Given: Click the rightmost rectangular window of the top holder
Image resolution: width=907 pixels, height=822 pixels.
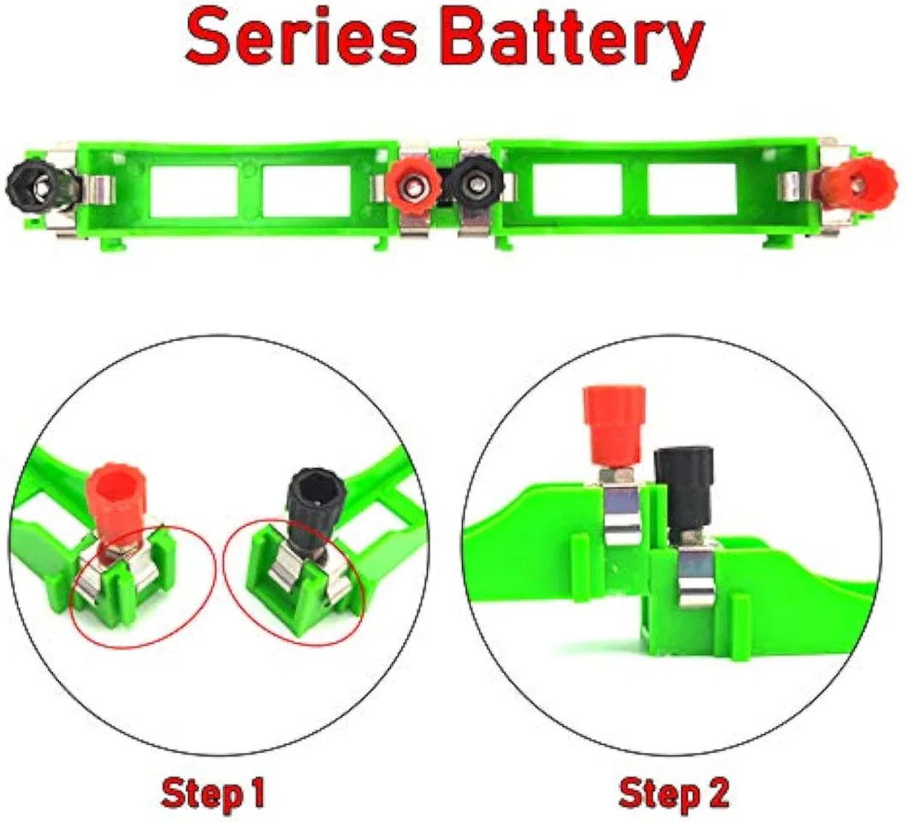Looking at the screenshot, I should tap(691, 189).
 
